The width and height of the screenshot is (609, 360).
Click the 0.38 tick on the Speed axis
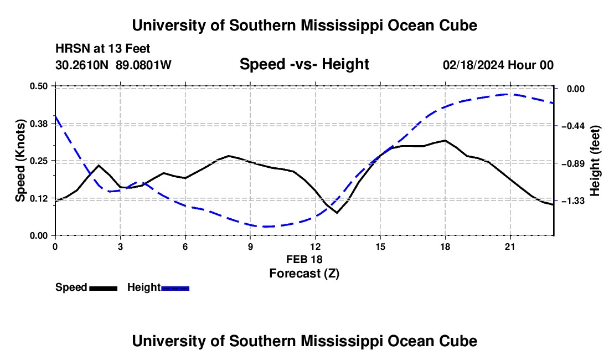[x=38, y=124]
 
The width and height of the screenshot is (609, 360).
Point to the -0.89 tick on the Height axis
[x=575, y=163]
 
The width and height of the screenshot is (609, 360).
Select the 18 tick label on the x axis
[x=445, y=246]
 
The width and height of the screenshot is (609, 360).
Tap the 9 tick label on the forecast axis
[x=250, y=246]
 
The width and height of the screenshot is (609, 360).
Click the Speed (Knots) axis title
[x=20, y=161]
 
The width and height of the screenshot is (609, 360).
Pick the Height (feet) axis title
[x=595, y=161]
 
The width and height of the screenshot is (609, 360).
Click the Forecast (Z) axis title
[x=304, y=274]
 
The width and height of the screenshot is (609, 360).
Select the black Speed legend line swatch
[x=104, y=288]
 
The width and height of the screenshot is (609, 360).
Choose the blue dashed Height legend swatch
[x=175, y=288]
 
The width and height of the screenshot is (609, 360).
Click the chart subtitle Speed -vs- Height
[x=304, y=64]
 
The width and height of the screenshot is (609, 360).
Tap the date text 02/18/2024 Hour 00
[x=498, y=65]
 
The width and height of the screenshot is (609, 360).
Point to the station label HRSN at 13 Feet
[x=102, y=49]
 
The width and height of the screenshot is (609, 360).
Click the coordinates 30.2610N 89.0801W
[x=113, y=65]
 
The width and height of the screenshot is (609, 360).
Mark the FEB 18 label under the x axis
[x=304, y=259]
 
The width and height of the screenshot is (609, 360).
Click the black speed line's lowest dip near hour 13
[x=337, y=213]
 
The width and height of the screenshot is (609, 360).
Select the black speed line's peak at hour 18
[x=445, y=140]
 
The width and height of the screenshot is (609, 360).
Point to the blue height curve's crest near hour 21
[x=508, y=94]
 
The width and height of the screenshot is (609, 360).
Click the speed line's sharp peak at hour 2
[x=99, y=166]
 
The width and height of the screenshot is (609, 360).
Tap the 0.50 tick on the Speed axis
[x=38, y=86]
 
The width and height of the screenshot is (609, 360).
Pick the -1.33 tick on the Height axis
[x=575, y=201]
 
